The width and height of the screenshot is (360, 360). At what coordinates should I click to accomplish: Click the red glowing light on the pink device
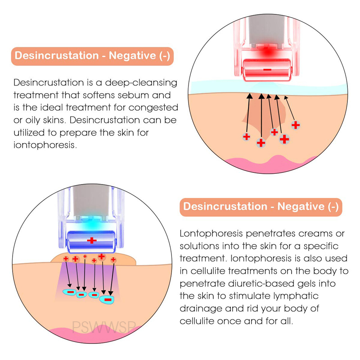[x=266, y=51]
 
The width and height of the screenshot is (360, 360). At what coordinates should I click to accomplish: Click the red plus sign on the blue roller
[x=92, y=240]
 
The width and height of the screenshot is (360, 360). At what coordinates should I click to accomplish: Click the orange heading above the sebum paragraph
[x=92, y=56]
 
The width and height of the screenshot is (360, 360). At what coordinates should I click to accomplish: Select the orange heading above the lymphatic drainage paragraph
[x=261, y=207]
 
